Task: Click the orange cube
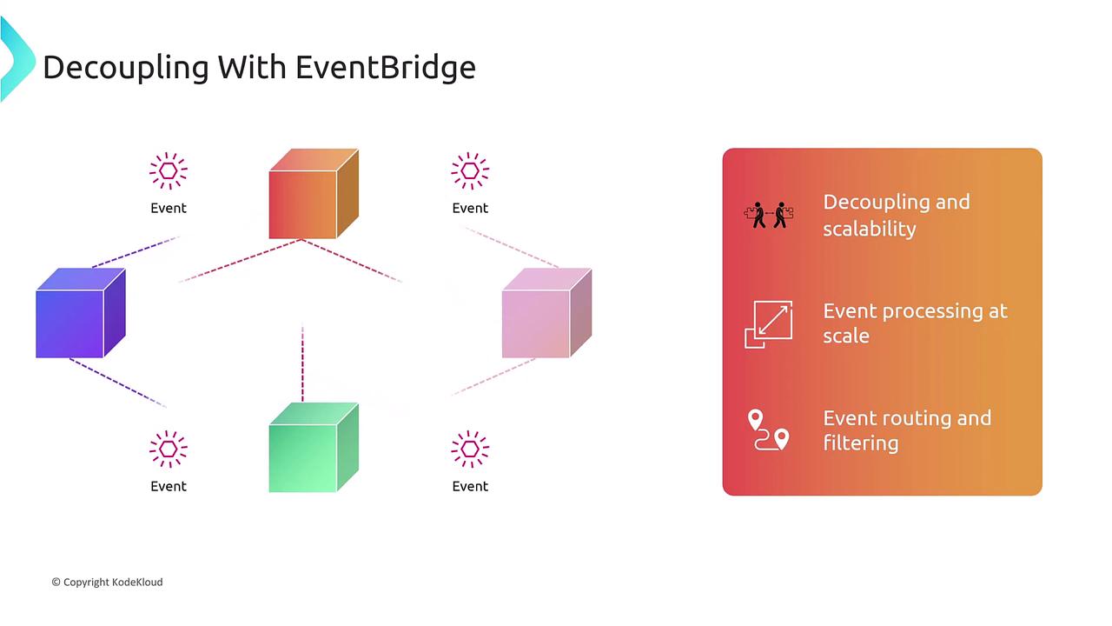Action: [314, 194]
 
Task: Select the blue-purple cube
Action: [81, 312]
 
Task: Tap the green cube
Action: [314, 447]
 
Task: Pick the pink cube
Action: [546, 312]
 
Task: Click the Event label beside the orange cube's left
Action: [169, 208]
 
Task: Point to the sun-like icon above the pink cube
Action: [470, 171]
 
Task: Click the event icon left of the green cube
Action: [169, 450]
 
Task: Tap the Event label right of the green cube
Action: [470, 486]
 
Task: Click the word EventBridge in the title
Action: [386, 67]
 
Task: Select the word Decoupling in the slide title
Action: [126, 68]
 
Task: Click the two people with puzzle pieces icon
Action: [769, 215]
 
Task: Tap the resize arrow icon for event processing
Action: [769, 324]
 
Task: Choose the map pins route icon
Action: [769, 430]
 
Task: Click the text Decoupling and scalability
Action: [897, 216]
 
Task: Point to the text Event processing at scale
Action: [916, 323]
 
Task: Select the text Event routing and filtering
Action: [907, 430]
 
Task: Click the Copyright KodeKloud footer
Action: [107, 583]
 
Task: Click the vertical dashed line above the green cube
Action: [303, 364]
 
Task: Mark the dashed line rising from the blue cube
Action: [136, 252]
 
